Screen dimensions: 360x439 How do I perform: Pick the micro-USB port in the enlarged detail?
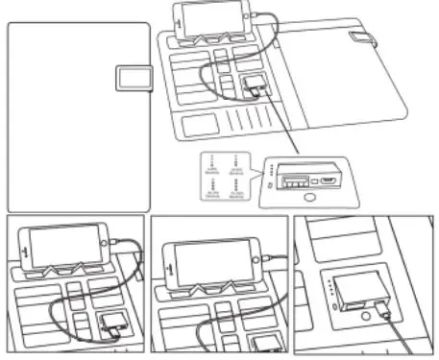(329, 178)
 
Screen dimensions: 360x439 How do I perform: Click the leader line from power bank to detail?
(282, 125)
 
